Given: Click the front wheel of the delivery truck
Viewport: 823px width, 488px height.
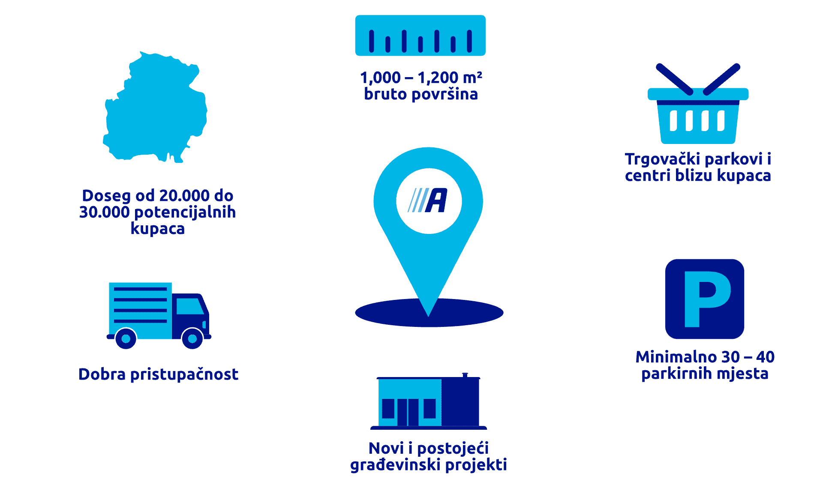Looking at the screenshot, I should coord(192,338).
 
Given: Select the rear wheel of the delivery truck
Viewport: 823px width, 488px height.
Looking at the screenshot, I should coord(126,338).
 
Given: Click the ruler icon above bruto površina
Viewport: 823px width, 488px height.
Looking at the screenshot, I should coord(420,36).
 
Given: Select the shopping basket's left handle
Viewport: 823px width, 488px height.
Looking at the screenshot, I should coord(674,79).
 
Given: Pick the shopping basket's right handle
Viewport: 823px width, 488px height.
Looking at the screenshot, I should coord(722,79).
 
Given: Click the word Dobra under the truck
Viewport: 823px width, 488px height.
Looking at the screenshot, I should coord(102,374).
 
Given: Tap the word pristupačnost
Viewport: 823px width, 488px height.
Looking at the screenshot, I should coord(184,375).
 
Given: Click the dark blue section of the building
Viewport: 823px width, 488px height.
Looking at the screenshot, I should coord(461,403).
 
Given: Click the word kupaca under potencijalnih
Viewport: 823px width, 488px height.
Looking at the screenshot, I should coord(157,229).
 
